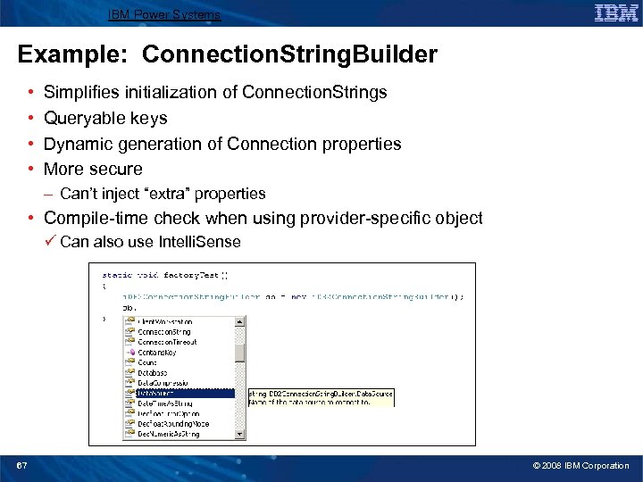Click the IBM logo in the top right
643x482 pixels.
[615, 12]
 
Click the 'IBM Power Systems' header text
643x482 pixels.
[164, 15]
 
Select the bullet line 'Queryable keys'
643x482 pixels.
[105, 118]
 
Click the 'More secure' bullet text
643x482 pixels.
[93, 169]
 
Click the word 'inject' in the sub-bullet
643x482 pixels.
[117, 194]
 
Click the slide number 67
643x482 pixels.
[22, 466]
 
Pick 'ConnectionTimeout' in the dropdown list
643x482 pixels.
[167, 342]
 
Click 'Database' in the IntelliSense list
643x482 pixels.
[153, 372]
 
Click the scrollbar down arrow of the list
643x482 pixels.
[240, 435]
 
